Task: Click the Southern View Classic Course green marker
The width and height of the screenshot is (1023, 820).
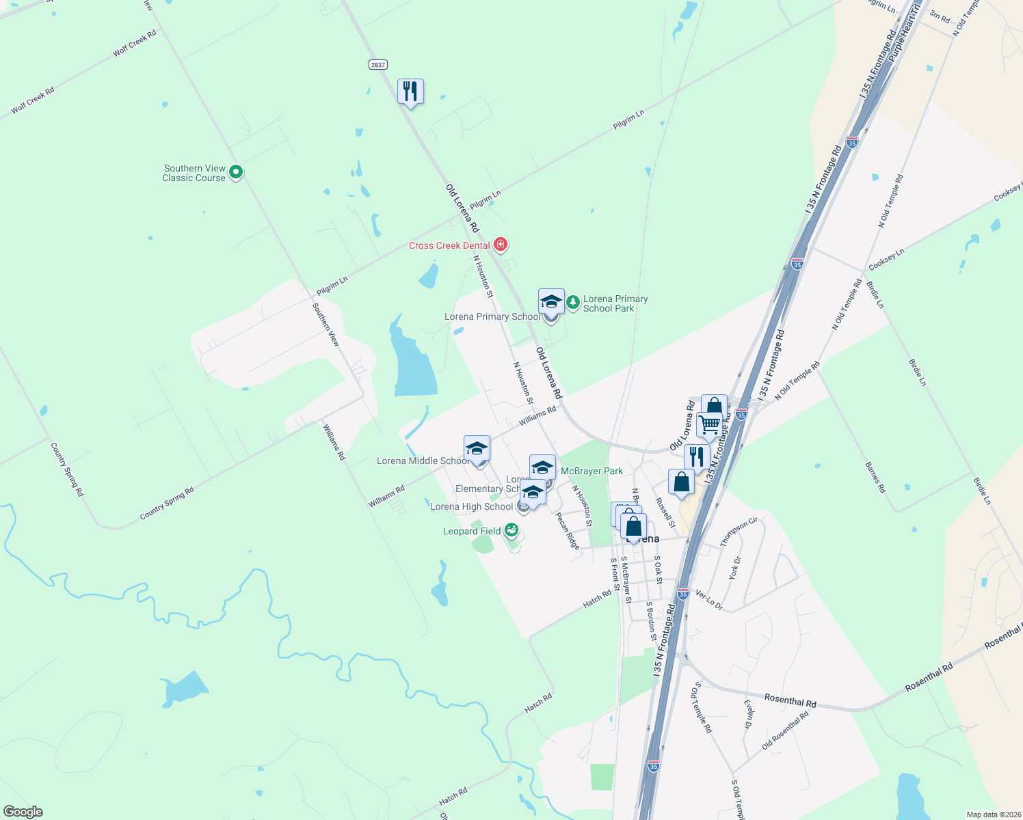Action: [236, 172]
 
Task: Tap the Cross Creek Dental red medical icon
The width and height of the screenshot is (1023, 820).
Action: [501, 245]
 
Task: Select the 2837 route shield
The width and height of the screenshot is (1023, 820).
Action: [377, 64]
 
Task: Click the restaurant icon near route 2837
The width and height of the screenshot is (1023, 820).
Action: [410, 91]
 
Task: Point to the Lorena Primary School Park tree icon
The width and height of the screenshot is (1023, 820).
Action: [573, 301]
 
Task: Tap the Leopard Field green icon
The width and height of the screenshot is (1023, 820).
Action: [511, 530]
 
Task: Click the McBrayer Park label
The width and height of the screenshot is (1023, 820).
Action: [592, 471]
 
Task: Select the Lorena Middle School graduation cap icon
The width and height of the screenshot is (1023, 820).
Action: [477, 448]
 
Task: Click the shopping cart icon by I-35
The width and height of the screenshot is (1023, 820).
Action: [709, 424]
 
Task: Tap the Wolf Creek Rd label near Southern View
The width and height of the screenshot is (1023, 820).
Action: [135, 43]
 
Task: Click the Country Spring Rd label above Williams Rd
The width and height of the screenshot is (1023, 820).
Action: [167, 504]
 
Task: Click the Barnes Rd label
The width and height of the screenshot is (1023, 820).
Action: [875, 478]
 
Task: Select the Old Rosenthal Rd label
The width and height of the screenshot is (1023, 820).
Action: [785, 730]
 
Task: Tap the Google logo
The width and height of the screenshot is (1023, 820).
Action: [23, 812]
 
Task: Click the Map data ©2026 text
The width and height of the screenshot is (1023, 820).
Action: [992, 815]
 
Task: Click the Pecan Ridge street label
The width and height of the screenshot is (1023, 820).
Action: [568, 531]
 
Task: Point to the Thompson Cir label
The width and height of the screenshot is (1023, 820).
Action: [739, 532]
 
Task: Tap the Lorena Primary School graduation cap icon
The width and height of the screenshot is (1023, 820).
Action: [551, 301]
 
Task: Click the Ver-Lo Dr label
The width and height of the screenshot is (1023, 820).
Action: [708, 599]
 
